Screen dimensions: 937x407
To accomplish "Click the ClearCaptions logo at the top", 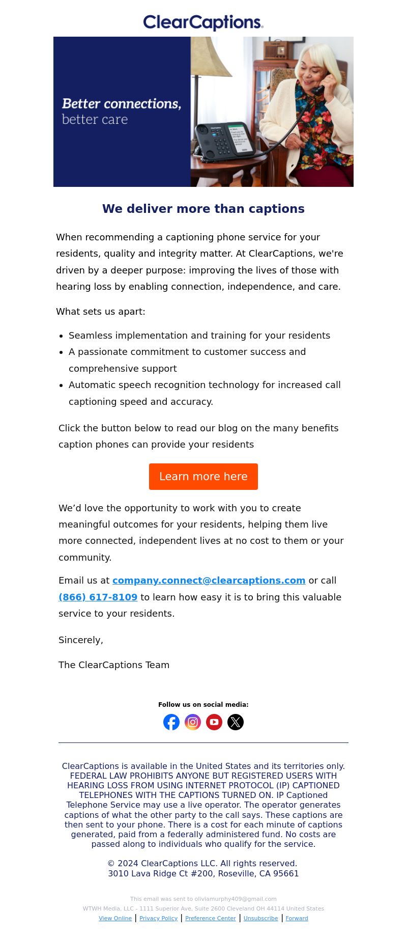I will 203,22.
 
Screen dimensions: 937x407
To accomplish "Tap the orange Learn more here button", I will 203,477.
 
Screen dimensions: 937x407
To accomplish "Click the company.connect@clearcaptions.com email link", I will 209,581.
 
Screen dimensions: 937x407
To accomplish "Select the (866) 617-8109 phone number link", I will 98,597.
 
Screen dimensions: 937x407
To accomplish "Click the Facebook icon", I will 171,722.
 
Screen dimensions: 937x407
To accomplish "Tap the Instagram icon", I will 193,722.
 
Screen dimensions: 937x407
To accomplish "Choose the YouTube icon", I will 214,722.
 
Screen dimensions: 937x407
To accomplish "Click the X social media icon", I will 236,722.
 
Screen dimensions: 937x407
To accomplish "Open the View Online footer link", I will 115,918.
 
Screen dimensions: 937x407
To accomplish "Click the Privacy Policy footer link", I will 158,918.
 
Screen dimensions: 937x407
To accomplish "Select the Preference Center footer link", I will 211,918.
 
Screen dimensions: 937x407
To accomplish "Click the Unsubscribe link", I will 260,918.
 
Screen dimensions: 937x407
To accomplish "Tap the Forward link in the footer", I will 297,918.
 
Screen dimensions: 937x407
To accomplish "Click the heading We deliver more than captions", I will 203,209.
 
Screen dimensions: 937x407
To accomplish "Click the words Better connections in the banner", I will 121,104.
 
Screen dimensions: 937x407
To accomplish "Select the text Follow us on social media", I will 203,705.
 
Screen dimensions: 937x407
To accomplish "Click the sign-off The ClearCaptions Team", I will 114,665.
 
